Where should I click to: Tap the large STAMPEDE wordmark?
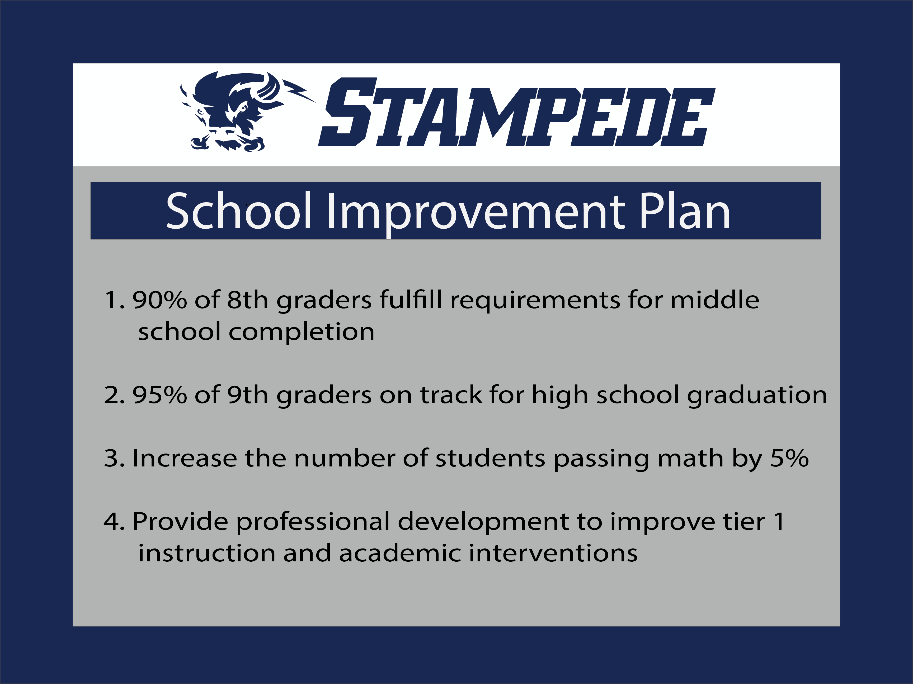pyautogui.click(x=516, y=112)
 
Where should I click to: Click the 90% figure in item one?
pyautogui.click(x=159, y=300)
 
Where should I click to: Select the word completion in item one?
pyautogui.click(x=301, y=332)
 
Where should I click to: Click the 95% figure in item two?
pyautogui.click(x=159, y=395)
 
